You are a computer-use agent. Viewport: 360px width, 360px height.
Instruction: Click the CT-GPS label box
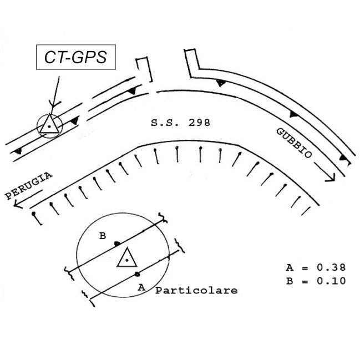(76, 57)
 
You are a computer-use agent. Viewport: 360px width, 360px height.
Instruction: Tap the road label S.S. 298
(180, 123)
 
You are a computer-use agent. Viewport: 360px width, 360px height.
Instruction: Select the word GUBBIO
(295, 143)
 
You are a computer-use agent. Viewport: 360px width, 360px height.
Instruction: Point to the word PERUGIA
(28, 186)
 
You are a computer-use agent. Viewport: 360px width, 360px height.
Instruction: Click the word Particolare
(196, 291)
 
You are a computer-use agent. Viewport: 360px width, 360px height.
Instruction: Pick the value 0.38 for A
(331, 267)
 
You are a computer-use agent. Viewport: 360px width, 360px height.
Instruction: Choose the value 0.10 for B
(331, 281)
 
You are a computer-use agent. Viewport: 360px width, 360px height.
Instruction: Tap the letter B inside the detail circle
(103, 236)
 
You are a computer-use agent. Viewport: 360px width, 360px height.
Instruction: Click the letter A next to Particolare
(141, 287)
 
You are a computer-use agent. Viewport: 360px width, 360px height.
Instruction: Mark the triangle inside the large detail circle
(127, 258)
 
